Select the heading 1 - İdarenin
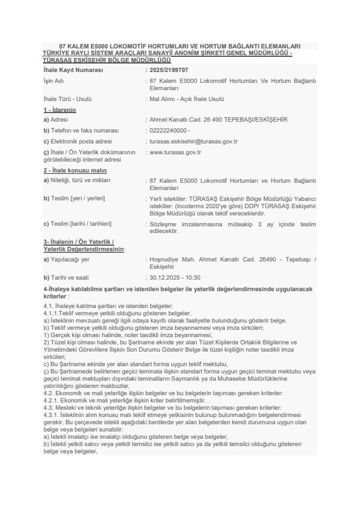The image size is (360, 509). [60, 110]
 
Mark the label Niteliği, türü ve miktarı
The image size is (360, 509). [80, 180]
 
